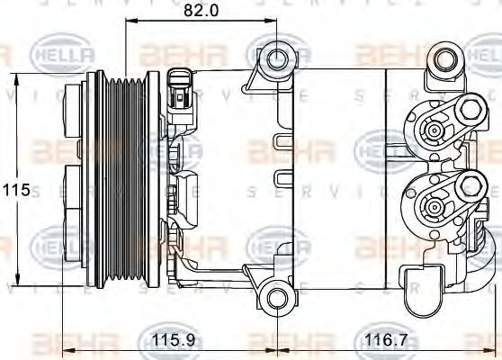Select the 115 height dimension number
[x=15, y=190]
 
